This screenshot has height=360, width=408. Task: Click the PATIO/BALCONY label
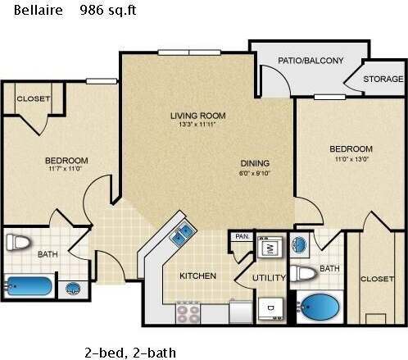point(311,60)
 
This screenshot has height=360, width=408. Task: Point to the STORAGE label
point(383,80)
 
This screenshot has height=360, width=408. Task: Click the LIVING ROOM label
point(197,116)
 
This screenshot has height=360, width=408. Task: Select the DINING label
point(255,163)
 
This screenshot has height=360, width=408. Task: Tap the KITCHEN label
point(198,276)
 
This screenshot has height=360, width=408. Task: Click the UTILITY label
point(269,278)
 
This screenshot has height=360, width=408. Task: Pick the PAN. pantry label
point(242,236)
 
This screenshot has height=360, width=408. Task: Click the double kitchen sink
point(182,233)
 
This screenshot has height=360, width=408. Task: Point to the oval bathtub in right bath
point(320,308)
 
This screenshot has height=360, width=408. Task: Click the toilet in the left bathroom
point(18,243)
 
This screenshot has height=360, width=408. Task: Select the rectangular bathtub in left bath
point(29,287)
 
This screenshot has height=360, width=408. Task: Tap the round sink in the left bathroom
point(74,289)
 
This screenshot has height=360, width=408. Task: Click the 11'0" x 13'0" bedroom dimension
point(351,160)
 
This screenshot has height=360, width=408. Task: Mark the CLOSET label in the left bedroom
point(34,98)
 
